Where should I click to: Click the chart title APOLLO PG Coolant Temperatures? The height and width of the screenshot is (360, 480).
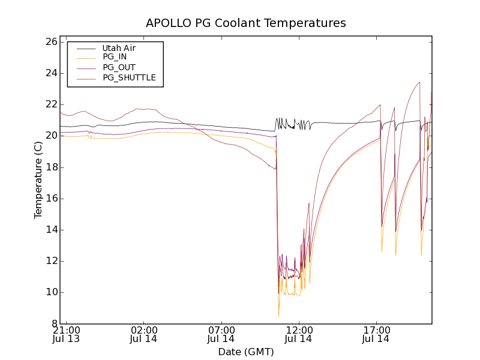(x=246, y=23)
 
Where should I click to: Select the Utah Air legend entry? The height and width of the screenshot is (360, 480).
(x=119, y=48)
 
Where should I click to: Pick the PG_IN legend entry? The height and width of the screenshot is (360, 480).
(x=115, y=57)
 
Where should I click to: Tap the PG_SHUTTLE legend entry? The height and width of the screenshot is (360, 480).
(x=129, y=77)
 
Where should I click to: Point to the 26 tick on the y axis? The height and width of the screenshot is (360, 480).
(x=50, y=42)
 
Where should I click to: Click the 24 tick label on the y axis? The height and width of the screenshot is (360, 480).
(x=50, y=73)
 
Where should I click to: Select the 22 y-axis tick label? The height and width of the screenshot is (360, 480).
(x=50, y=104)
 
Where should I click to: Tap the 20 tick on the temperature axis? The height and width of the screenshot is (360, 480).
(x=50, y=136)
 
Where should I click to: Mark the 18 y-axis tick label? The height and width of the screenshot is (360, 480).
(x=50, y=167)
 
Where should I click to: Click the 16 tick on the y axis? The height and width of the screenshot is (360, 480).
(x=50, y=199)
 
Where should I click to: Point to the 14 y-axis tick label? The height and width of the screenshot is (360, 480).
(x=50, y=230)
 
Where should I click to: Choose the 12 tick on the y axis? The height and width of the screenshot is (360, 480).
(x=50, y=261)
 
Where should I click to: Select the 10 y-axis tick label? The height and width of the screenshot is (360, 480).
(x=50, y=292)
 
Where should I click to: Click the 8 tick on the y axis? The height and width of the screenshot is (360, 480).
(x=53, y=323)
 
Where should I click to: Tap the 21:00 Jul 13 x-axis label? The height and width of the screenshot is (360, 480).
(x=67, y=334)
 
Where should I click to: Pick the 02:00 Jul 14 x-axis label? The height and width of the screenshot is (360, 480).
(x=144, y=334)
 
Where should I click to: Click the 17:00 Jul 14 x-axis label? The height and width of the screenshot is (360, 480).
(x=376, y=334)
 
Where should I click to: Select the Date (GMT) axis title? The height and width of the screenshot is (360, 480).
(x=246, y=352)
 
